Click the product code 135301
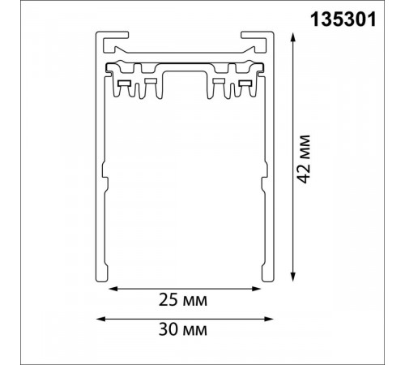coord(343,19)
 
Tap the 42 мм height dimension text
coord(304,159)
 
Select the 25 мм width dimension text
coord(183,300)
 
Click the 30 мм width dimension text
coord(183,329)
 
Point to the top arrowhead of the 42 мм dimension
coord(293,37)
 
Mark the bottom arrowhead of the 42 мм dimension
coord(293,277)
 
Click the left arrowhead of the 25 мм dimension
coord(113,289)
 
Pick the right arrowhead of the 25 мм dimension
coord(256,289)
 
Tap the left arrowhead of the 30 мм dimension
coord(100,319)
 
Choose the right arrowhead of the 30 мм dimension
coord(269,319)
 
